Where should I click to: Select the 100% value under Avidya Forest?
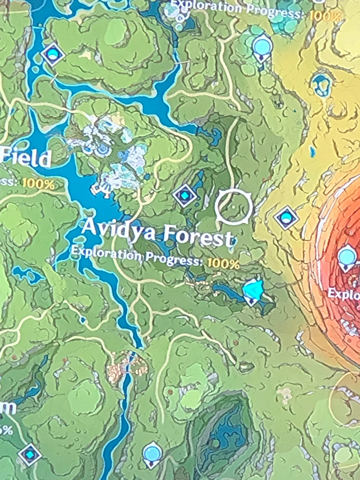[x=223, y=263]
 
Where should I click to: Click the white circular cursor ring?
[x=233, y=206]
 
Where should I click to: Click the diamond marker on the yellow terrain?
[x=287, y=218]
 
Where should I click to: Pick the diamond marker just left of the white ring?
[x=184, y=195]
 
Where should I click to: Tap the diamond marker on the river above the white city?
[x=52, y=54]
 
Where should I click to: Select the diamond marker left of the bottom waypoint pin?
[x=30, y=454]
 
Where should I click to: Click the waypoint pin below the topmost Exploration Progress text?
[x=262, y=48]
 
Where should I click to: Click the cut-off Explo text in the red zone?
[x=343, y=293]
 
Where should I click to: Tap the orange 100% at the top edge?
[x=326, y=15]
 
